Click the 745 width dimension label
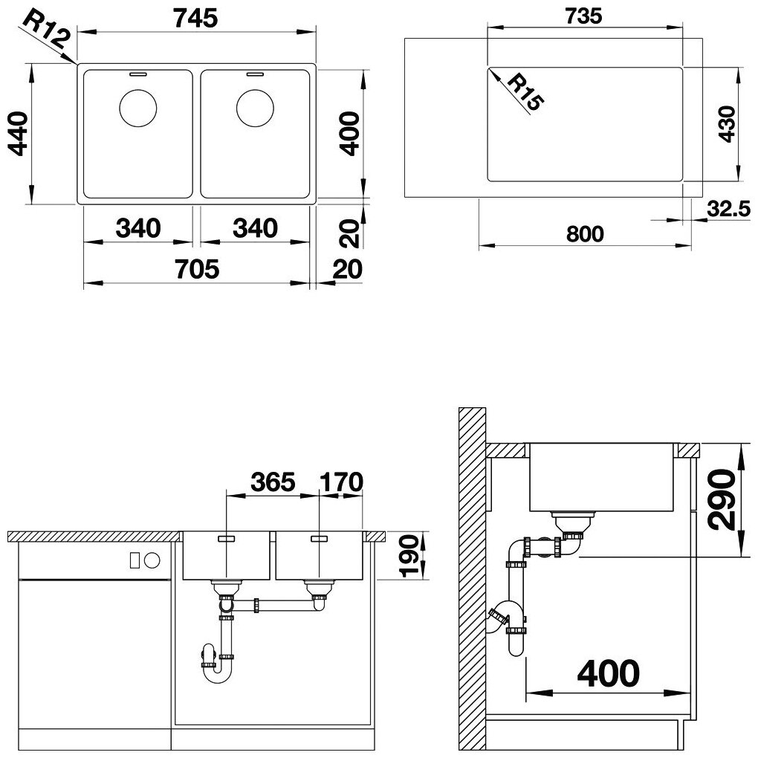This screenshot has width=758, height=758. [x=195, y=19]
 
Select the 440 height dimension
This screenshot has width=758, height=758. [x=19, y=134]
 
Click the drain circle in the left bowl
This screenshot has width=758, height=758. [x=137, y=108]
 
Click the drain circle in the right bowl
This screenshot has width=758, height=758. [x=255, y=108]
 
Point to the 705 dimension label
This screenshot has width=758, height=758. [x=197, y=269]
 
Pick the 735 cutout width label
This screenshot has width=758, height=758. [x=583, y=16]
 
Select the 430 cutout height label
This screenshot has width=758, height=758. [x=727, y=124]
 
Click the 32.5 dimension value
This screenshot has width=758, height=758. [x=728, y=209]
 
